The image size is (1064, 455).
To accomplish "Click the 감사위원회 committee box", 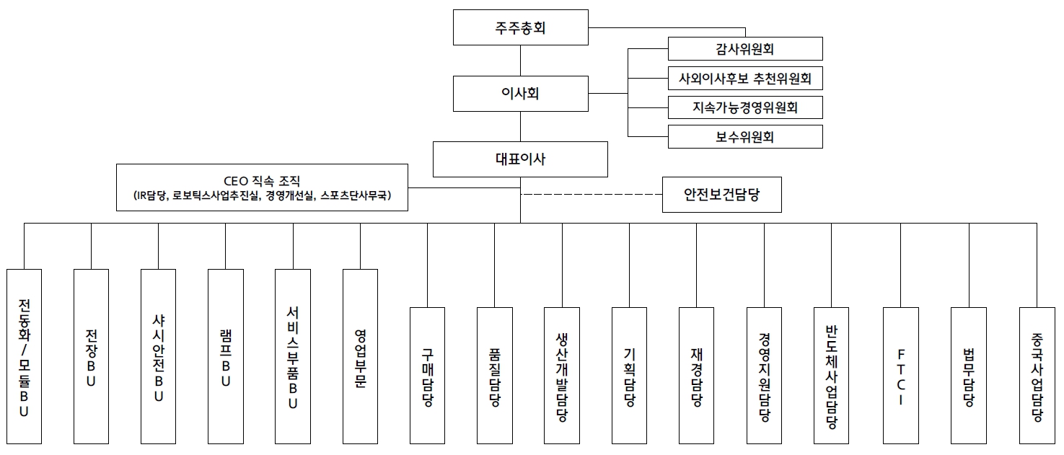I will [745, 49].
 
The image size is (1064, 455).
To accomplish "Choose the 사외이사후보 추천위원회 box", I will [745, 78].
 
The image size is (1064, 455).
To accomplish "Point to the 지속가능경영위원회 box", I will [745, 107].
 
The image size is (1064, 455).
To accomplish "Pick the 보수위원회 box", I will [745, 136].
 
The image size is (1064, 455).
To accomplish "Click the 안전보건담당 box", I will [721, 195].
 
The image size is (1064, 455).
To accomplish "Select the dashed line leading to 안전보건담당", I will [592, 195].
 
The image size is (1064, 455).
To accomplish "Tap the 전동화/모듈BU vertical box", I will [24, 356].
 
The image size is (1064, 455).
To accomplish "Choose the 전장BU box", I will [91, 356].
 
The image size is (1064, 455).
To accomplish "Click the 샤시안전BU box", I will [158, 356].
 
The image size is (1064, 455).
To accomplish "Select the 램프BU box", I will [225, 356].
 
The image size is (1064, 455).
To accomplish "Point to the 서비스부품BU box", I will [293, 356].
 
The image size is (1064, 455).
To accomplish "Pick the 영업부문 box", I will [360, 356].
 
